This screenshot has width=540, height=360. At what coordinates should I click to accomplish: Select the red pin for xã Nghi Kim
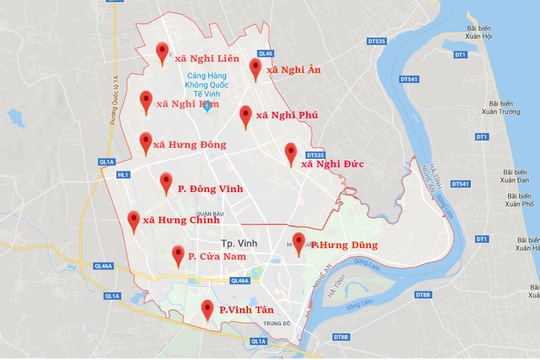coord(147,100)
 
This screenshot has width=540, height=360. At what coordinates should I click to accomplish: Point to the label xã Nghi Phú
coord(286,116)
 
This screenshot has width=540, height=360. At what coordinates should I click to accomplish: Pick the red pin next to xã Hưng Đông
coord(146,142)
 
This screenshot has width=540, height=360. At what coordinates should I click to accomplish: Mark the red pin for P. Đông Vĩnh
coord(167,182)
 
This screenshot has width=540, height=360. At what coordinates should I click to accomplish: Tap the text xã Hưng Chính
coord(180,220)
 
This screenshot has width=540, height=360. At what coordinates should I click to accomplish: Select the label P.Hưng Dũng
coord(342,244)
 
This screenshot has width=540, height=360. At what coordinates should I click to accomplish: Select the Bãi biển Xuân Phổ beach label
coord(520,198)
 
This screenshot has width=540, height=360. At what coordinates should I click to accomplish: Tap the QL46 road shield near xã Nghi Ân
coord(265,53)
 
